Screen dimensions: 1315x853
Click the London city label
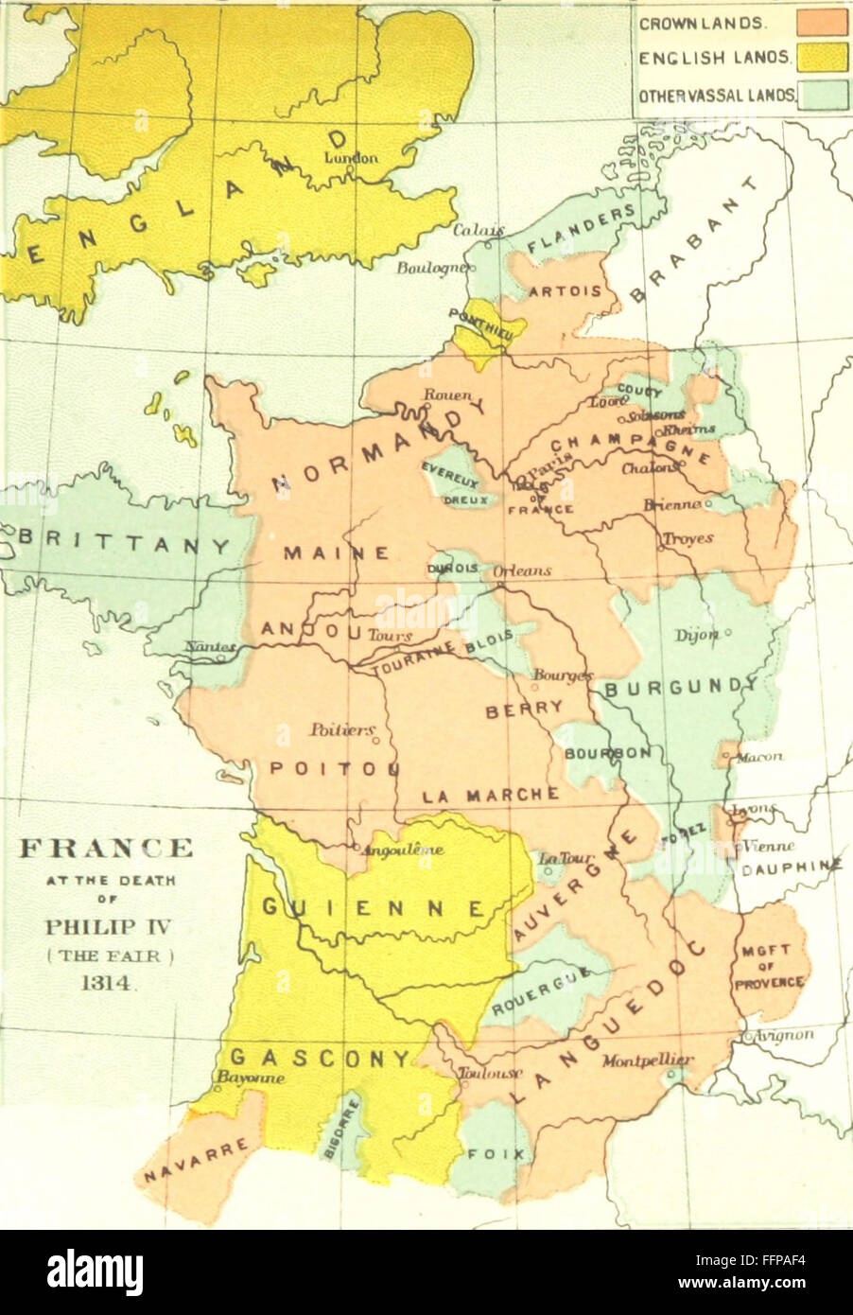pyautogui.click(x=351, y=158)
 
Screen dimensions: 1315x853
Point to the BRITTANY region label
pyautogui.click(x=125, y=545)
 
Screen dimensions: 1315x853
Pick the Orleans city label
pyautogui.click(x=521, y=571)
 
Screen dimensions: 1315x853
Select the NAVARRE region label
pyautogui.click(x=197, y=1161)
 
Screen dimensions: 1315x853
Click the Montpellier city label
pyautogui.click(x=648, y=1060)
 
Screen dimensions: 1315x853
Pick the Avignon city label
pyautogui.click(x=784, y=1034)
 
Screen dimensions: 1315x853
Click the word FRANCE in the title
pyautogui.click(x=106, y=847)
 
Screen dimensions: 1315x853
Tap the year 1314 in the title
pyautogui.click(x=107, y=983)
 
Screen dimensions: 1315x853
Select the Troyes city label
pyautogui.click(x=687, y=537)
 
